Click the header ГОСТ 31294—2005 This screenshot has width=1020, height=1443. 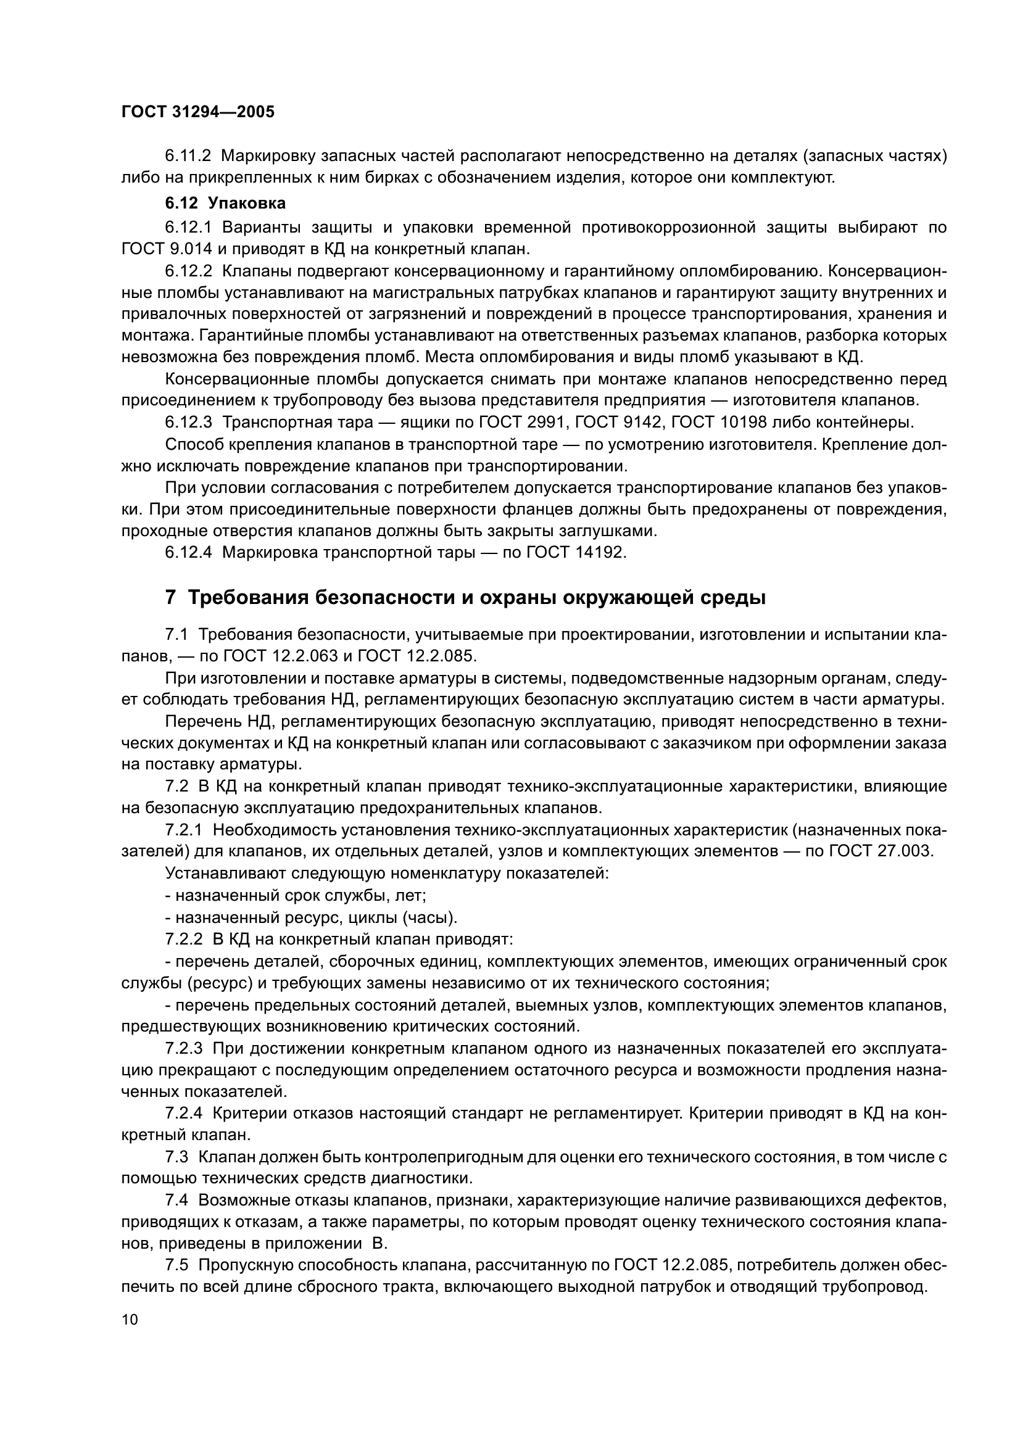coord(197,112)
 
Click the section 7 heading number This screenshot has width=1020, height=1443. coord(170,597)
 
